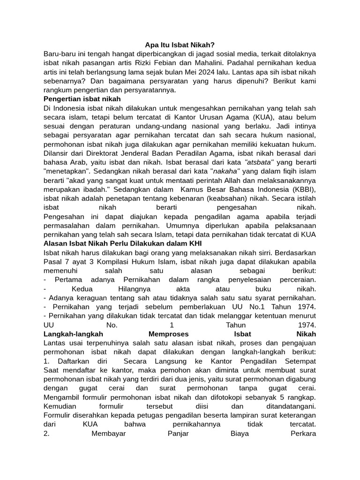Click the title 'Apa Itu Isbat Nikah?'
pyautogui.click(x=180, y=45)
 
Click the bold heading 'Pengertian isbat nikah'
pyautogui.click(x=82, y=99)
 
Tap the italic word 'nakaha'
pyautogui.click(x=225, y=171)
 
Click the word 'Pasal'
pyautogui.click(x=53, y=262)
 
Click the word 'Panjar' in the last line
pyautogui.click(x=178, y=433)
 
